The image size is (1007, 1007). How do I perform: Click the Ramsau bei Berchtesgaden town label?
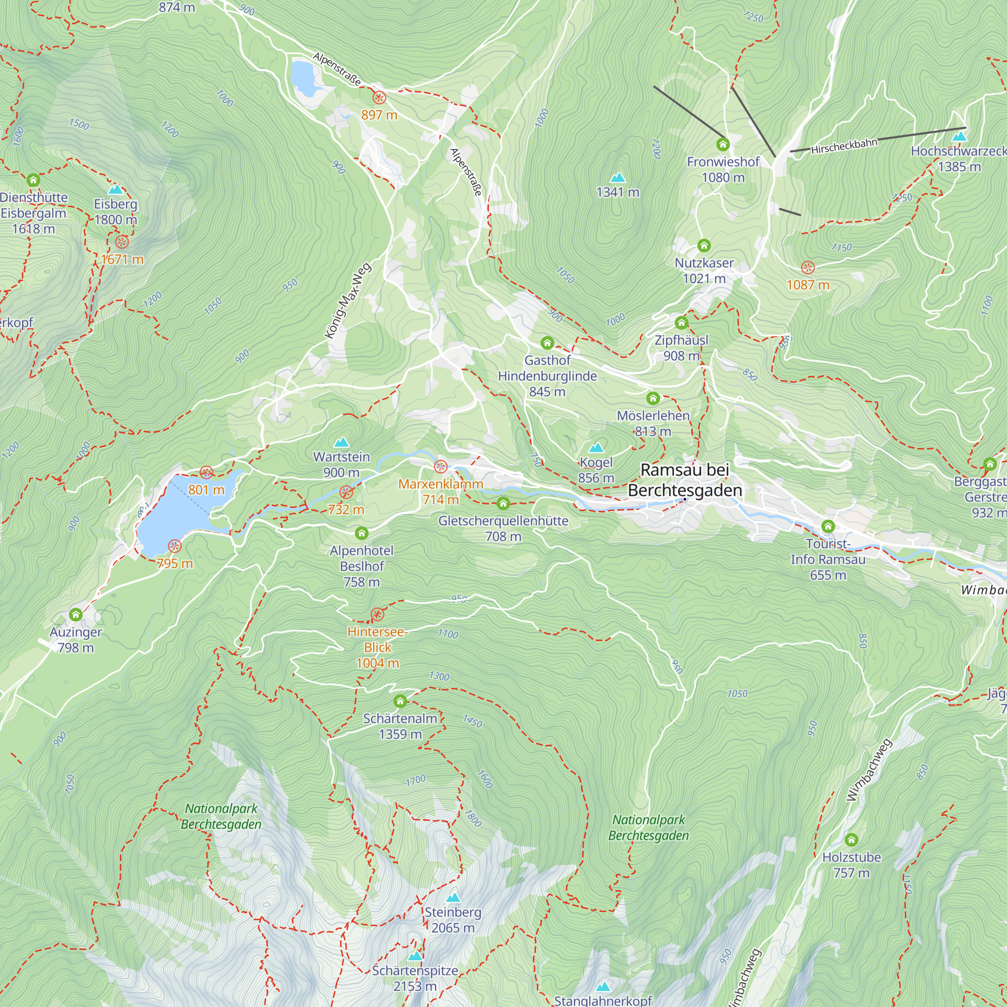pos(685,480)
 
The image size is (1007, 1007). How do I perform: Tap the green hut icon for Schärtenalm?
pos(400,701)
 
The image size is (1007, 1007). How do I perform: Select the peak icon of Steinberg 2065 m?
pos(454,898)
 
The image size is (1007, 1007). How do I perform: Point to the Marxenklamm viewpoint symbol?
pos(441,467)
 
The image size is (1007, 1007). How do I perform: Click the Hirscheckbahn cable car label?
pos(844,147)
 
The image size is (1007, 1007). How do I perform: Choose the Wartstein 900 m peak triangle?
pos(341,443)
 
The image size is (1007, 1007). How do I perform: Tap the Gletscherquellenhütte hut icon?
pos(503,503)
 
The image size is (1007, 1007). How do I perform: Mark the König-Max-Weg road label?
pos(347,301)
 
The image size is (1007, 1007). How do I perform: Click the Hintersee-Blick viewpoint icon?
pos(377,614)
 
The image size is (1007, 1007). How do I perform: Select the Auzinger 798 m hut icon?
pos(76,615)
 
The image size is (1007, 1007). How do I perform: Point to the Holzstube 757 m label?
pos(851,865)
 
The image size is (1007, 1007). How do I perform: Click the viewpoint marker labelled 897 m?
pos(380,98)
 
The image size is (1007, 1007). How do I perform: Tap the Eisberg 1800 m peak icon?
pos(115,190)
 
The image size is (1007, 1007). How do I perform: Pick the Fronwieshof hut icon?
pos(723,145)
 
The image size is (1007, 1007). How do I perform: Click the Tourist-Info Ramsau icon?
pos(828,527)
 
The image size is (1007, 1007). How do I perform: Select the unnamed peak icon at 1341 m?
pos(618,178)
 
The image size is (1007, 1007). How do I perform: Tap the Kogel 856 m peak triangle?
pos(596,448)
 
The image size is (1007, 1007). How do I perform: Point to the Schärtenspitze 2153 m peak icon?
pos(415,956)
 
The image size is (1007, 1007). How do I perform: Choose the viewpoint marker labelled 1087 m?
pos(808,268)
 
